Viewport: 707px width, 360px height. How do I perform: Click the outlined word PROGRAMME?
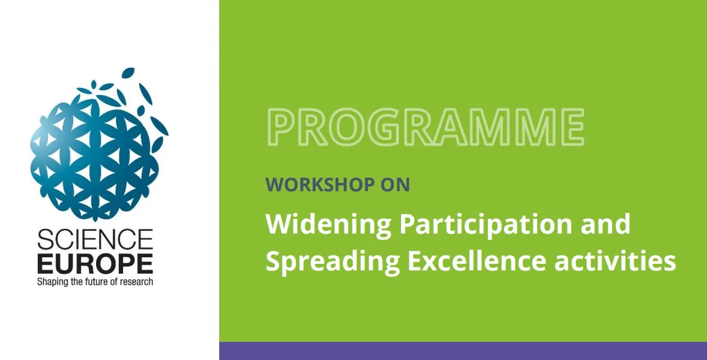[x=425, y=127]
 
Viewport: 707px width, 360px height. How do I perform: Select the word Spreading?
[x=333, y=263]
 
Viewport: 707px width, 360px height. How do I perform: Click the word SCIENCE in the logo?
[x=95, y=240]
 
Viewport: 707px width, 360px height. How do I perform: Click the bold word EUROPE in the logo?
[x=95, y=263]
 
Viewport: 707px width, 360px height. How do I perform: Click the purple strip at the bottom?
[x=463, y=351]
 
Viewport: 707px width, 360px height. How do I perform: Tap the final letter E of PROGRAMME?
[x=572, y=127]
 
